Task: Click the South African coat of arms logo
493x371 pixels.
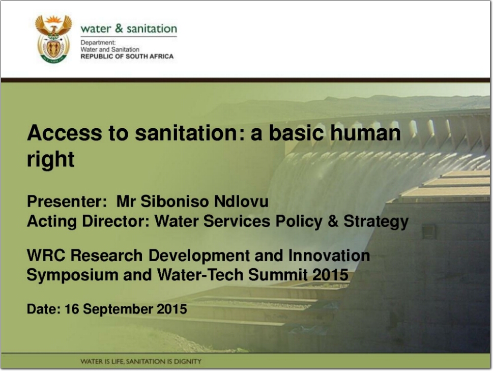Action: click(53, 39)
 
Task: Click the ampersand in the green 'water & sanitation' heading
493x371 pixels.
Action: click(119, 28)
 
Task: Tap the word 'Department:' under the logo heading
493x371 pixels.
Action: click(98, 42)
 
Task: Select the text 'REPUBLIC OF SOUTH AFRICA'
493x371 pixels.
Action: click(127, 56)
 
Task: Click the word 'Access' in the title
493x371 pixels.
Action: click(65, 133)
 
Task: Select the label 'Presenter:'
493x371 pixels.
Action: click(67, 201)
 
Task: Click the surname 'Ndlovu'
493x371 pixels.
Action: click(241, 201)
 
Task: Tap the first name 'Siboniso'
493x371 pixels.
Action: click(175, 201)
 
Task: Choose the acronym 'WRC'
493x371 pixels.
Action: click(46, 255)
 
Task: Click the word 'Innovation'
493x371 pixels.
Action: click(329, 255)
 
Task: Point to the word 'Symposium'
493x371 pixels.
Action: click(72, 275)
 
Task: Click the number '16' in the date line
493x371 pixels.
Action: click(72, 309)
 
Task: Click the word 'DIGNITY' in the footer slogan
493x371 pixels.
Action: click(187, 361)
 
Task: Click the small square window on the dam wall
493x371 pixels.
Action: click(428, 232)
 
